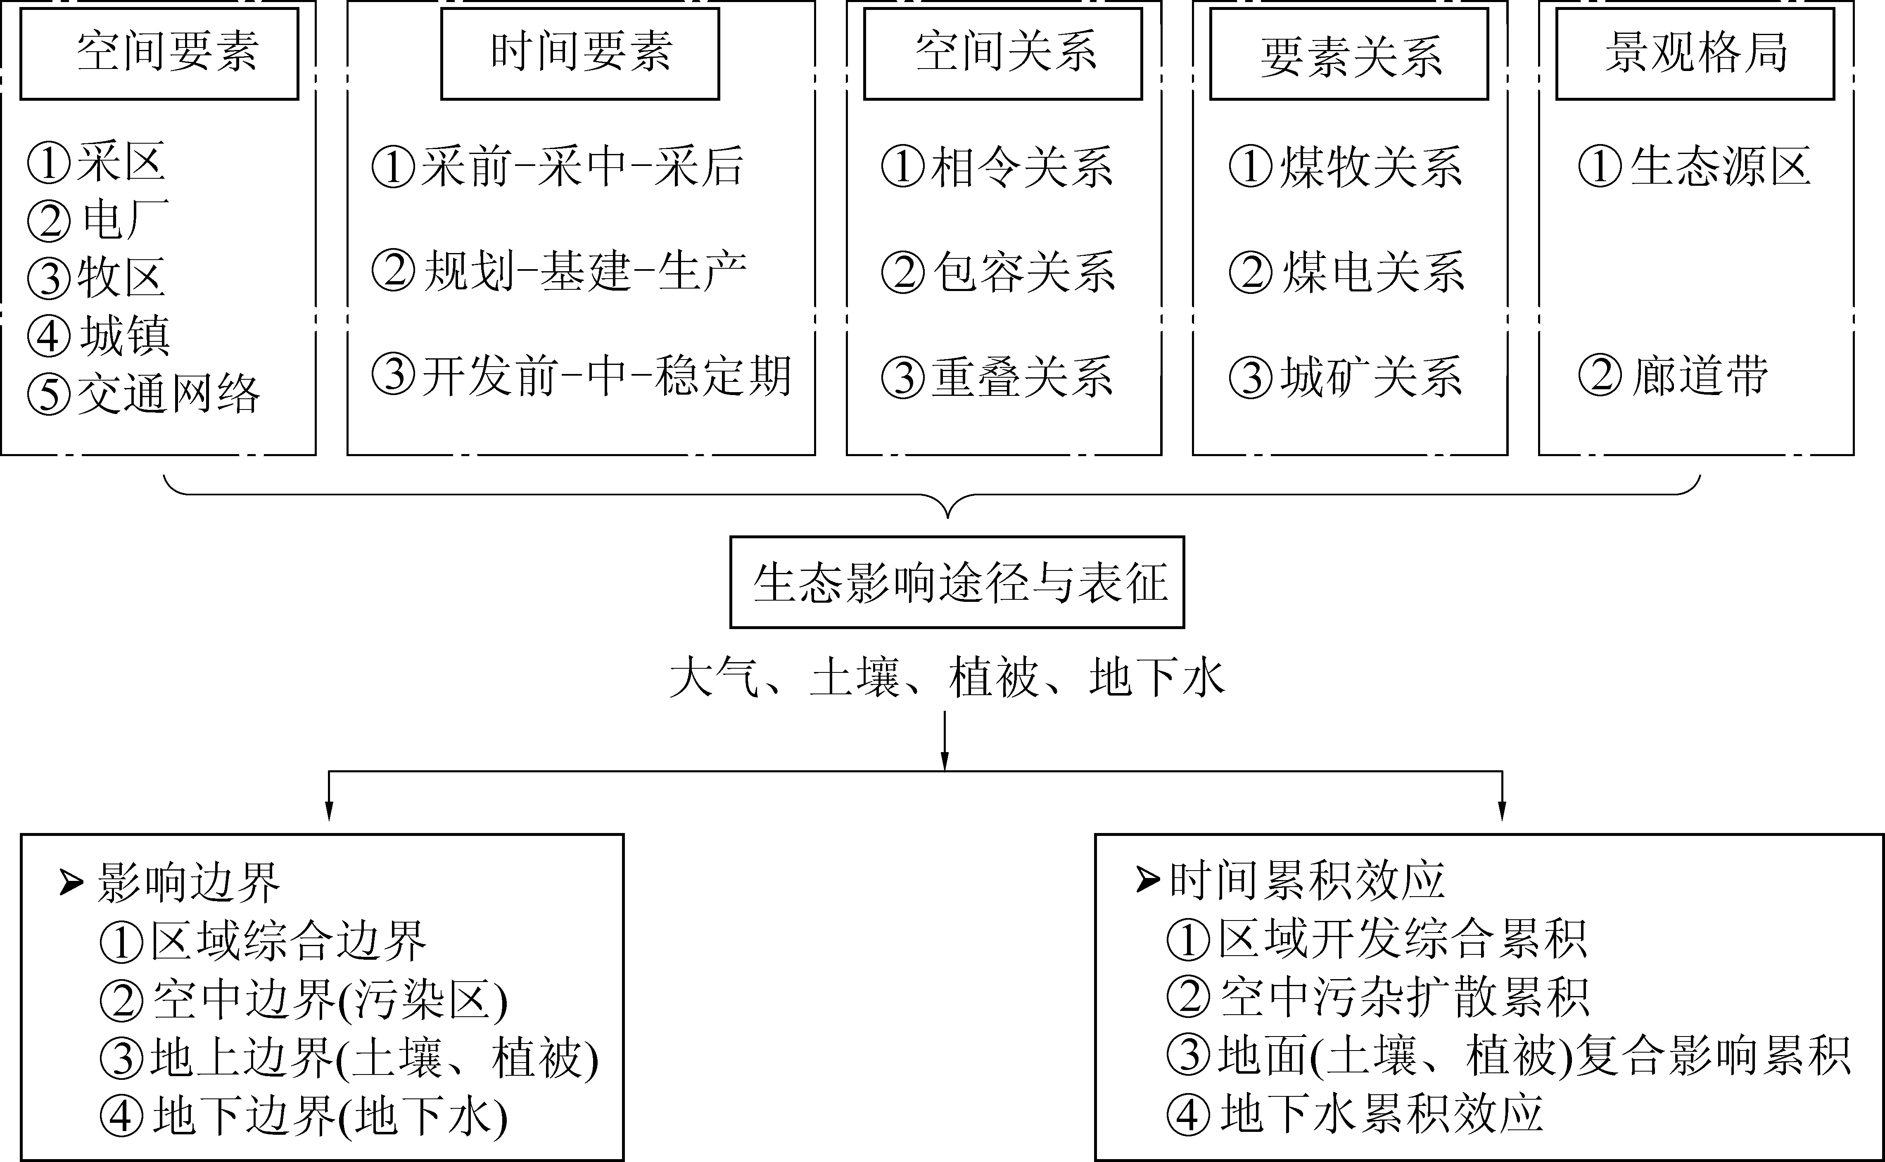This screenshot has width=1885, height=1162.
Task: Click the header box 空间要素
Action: point(159,54)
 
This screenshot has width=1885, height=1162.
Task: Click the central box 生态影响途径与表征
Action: point(957,582)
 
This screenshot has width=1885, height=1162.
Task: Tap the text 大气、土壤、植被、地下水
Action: point(947,677)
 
